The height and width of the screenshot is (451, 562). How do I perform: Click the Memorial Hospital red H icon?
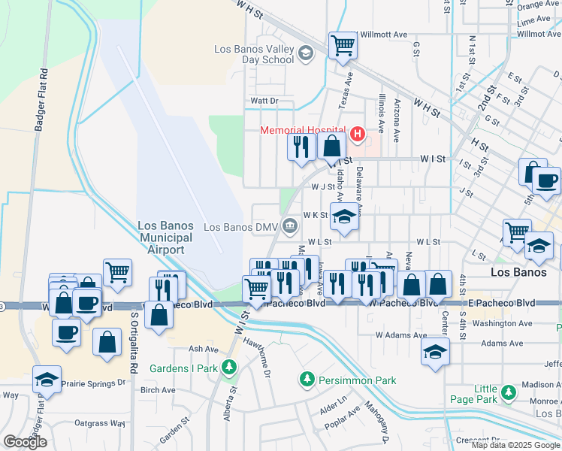(358, 135)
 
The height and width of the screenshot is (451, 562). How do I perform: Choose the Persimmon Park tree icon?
(307, 381)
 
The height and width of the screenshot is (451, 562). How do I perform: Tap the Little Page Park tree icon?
(509, 392)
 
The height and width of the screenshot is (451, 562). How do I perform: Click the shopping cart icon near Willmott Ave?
(343, 45)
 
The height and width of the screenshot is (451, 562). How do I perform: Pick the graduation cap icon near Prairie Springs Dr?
(47, 380)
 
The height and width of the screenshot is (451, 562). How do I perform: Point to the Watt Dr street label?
(264, 100)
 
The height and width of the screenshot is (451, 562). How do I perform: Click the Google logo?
(25, 442)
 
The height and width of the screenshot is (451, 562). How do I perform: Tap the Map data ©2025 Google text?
(515, 445)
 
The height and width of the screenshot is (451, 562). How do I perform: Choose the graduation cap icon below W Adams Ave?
(435, 353)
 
